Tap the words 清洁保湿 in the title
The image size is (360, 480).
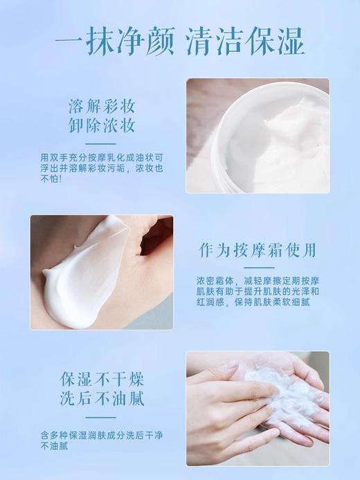pyautogui.click(x=245, y=42)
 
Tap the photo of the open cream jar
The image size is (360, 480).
pyautogui.click(x=257, y=135)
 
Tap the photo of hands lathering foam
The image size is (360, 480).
pyautogui.click(x=257, y=409)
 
